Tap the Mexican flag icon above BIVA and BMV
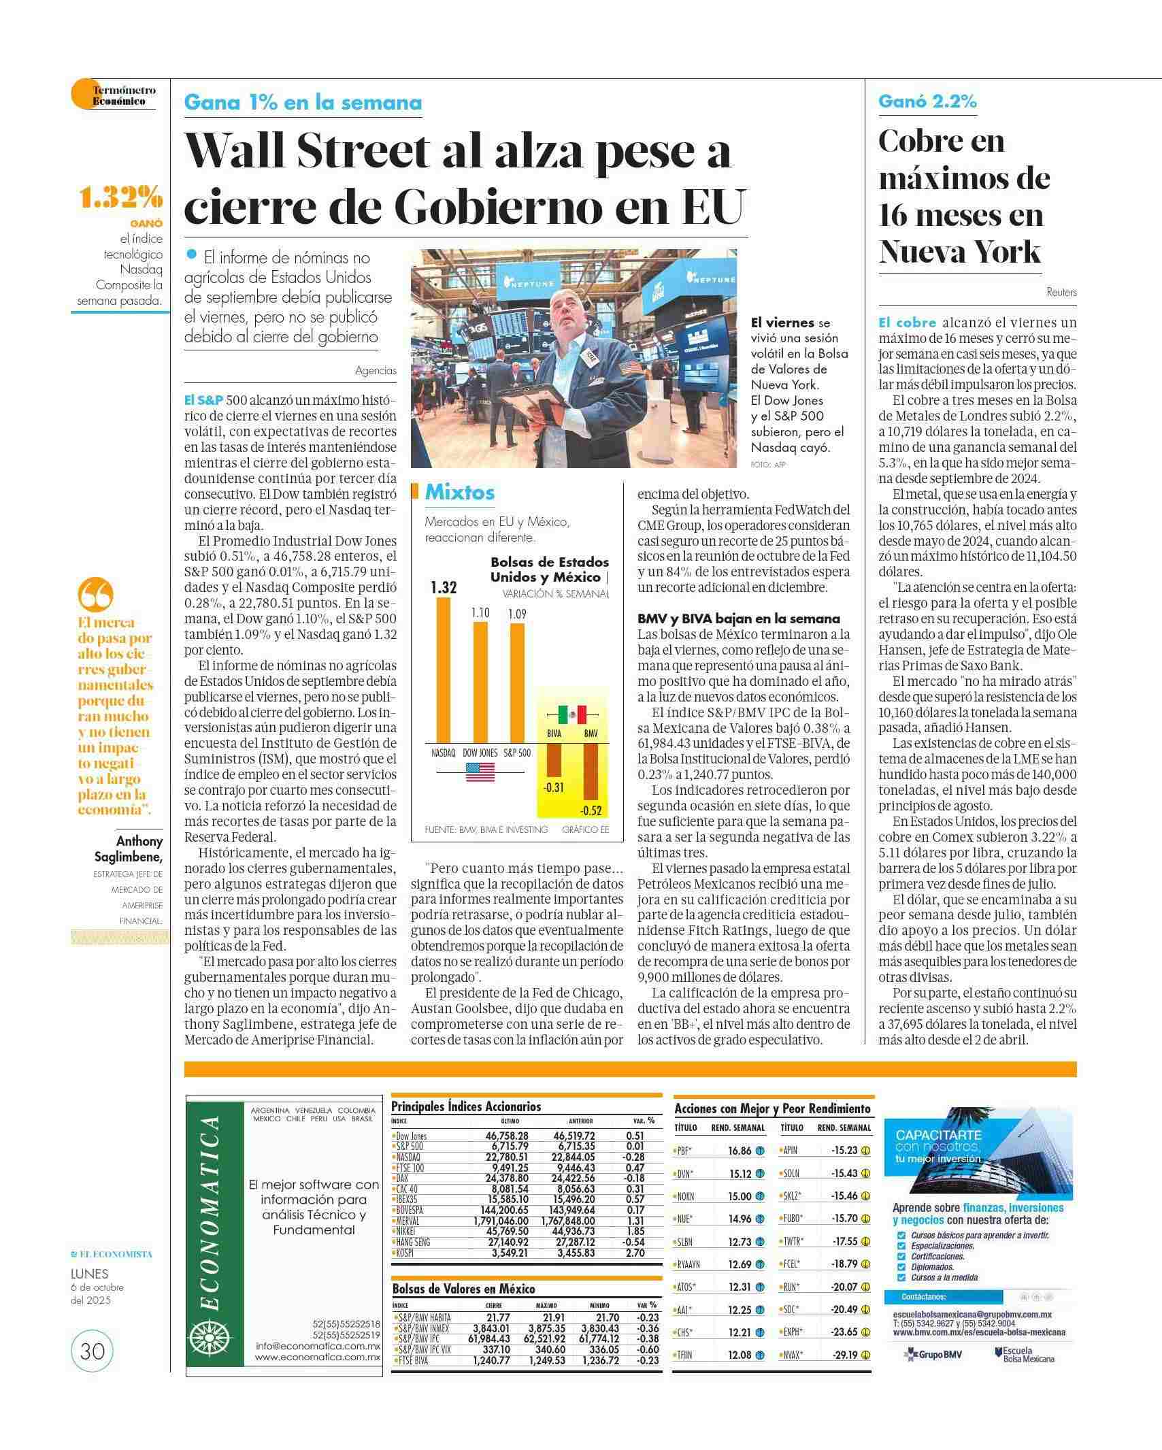point(572,714)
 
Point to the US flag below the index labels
point(480,772)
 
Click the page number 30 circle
point(92,1350)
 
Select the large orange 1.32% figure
point(120,198)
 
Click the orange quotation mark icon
point(96,595)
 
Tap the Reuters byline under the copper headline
point(1061,293)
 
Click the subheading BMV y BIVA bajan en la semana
point(738,619)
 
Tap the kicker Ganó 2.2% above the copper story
point(927,101)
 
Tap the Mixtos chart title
point(459,492)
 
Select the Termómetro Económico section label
point(123,95)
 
